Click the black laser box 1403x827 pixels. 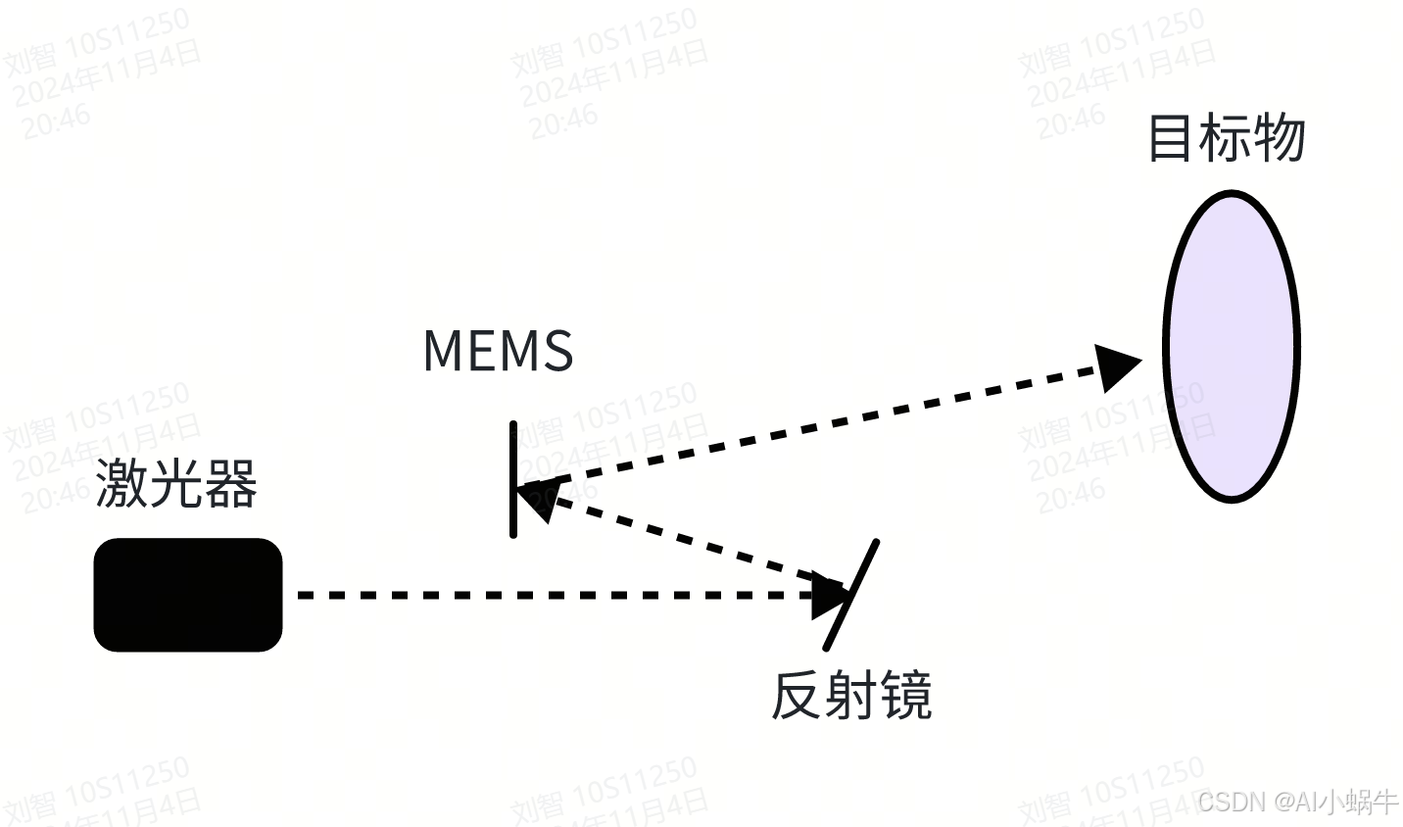(x=188, y=595)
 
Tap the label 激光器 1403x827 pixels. (x=176, y=483)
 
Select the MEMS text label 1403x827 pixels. (x=498, y=351)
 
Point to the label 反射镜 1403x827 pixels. (x=850, y=696)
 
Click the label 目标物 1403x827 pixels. (x=1226, y=137)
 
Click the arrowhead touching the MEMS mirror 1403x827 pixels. (x=534, y=492)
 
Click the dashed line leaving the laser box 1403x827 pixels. (x=549, y=595)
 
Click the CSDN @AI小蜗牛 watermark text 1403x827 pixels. (x=1298, y=803)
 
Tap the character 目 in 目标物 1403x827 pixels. (x=1172, y=137)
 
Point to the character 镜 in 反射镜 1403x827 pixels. (x=906, y=696)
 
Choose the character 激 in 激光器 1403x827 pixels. (x=121, y=483)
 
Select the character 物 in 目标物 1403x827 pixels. (x=1280, y=137)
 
